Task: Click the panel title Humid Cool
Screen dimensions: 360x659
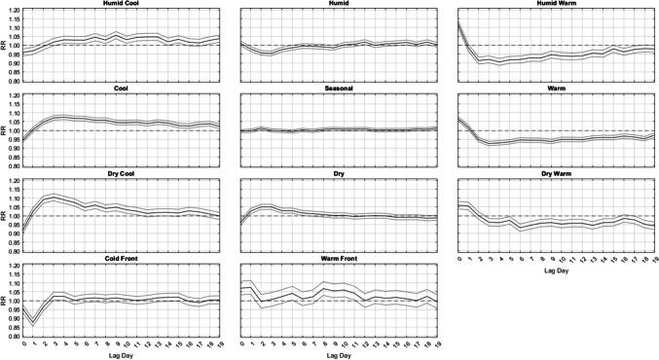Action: tap(125, 5)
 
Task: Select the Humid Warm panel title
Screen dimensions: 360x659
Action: tap(559, 5)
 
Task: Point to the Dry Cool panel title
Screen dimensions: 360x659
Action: tap(125, 174)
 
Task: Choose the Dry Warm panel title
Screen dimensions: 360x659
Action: tap(559, 174)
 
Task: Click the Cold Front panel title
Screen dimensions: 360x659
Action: tap(125, 259)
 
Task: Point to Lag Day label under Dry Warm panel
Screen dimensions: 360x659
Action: tap(559, 270)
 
